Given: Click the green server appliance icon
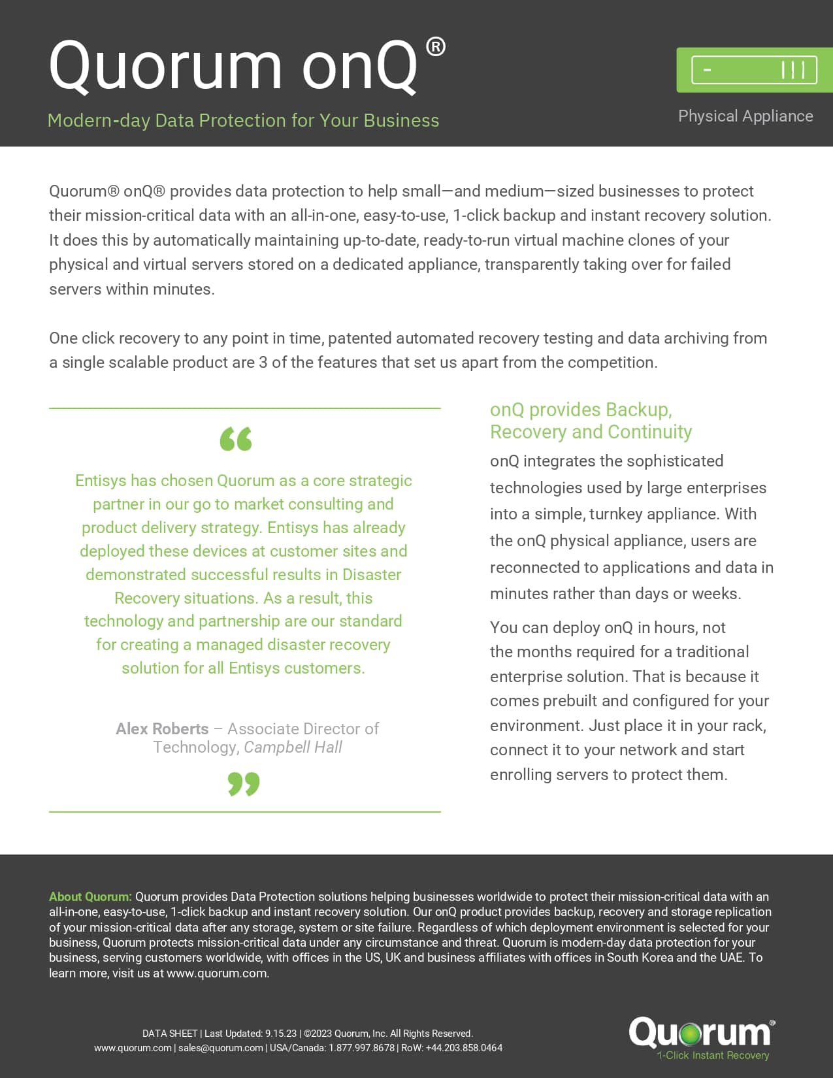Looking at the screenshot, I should coord(755,70).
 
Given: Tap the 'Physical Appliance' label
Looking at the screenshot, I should coord(745,116).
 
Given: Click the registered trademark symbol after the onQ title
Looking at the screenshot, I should coord(435,47).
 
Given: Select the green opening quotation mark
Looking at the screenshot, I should coord(236,439).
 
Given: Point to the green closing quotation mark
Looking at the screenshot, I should coord(244,783).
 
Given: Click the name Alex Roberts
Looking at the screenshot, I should coord(162,728).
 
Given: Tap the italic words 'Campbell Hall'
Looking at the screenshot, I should coord(293,747).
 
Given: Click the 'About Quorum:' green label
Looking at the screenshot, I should coord(90,896).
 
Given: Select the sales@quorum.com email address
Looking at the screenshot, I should coord(221,1048).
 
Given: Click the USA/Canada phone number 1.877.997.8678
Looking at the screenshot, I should coord(361,1048).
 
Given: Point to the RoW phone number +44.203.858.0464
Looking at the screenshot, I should coord(464,1048).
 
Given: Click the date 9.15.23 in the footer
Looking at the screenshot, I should coord(280,1034).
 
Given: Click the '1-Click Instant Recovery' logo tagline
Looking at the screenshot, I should coord(713,1055).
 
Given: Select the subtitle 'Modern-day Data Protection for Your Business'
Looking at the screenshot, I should coord(243,121).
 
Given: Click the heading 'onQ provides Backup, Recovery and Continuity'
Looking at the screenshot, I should coord(590,421).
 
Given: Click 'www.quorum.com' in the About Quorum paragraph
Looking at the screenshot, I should coord(216,973).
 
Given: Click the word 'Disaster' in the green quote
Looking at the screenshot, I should coord(372,575).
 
